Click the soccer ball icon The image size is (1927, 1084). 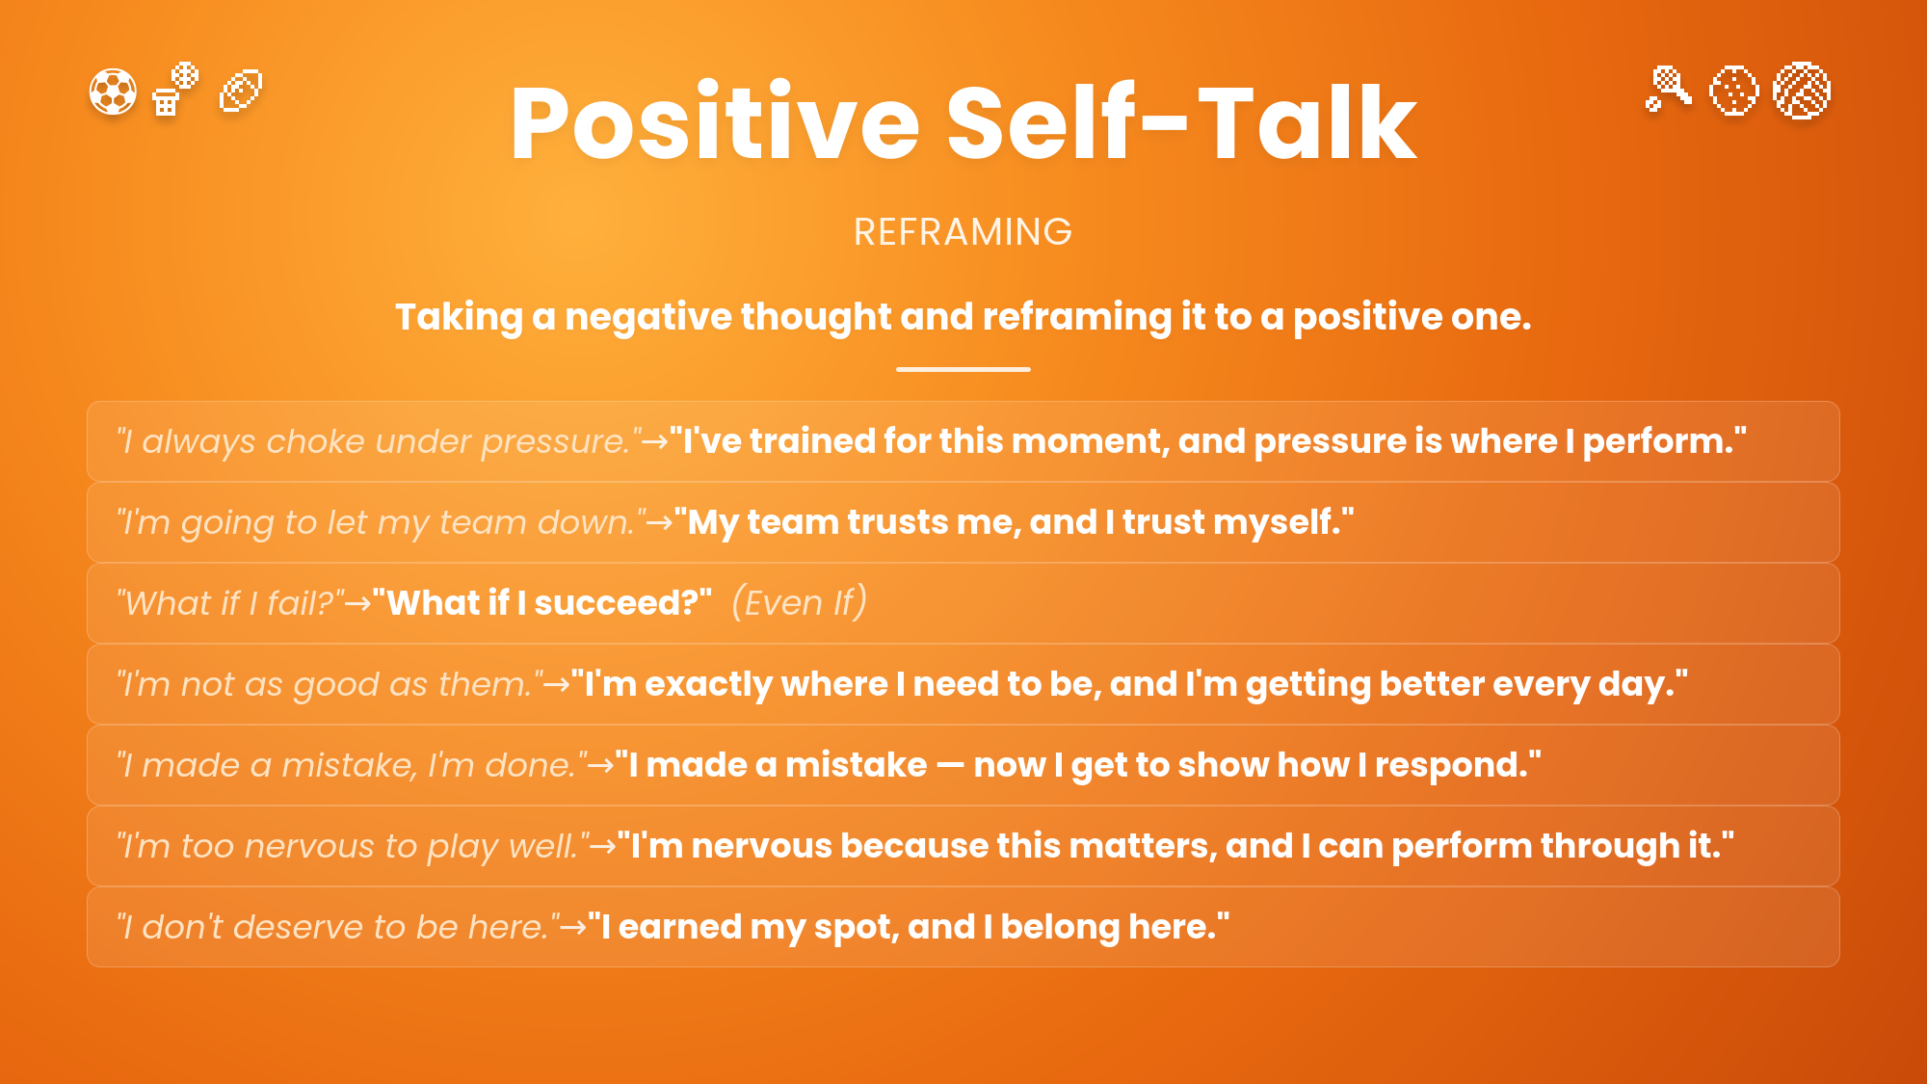point(113,92)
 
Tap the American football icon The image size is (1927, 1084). point(241,92)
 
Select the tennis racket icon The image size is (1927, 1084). point(1669,89)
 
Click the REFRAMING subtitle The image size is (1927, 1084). point(963,232)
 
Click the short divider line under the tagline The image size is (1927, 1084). point(963,369)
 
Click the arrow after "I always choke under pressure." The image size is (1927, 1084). point(655,442)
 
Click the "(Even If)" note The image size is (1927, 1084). point(800,602)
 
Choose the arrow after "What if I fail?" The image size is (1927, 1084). point(358,604)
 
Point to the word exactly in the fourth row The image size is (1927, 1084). point(709,684)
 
